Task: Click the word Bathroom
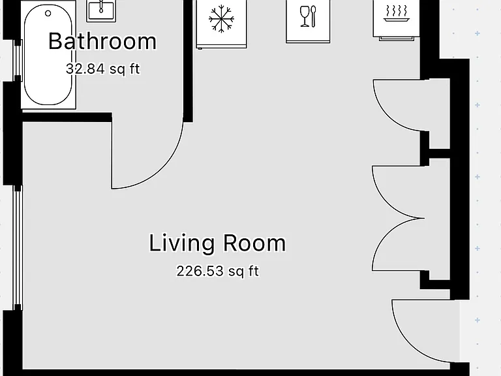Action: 102,41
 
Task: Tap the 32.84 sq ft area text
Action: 103,69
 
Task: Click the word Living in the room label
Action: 181,243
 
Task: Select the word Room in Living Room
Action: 254,243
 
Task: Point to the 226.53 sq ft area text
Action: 218,271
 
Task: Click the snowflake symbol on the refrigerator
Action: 221,20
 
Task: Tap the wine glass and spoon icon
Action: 308,16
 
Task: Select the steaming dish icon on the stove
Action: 397,14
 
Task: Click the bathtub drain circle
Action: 48,14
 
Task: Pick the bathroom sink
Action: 101,11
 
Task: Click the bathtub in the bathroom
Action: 48,54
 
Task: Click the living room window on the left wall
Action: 18,248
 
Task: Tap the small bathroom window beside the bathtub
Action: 18,61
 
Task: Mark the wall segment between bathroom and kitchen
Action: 188,61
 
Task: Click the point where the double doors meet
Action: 424,219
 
